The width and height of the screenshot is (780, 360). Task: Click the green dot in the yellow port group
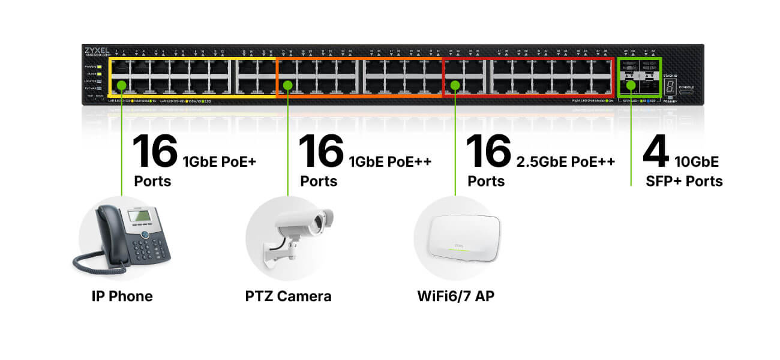click(x=121, y=85)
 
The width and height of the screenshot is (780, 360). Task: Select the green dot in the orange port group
click(x=287, y=85)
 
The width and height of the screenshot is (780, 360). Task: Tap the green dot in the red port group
click(x=455, y=85)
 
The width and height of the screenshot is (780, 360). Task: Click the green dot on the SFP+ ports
click(x=631, y=85)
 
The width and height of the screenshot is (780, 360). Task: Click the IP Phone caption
click(x=122, y=296)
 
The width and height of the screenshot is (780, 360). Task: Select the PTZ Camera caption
click(x=288, y=296)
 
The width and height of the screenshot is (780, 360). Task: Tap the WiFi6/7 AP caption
click(x=455, y=296)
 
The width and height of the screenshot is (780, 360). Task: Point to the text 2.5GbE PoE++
click(x=566, y=161)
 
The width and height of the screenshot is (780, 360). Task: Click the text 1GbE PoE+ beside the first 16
click(x=219, y=161)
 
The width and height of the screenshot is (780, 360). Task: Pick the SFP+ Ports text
click(x=684, y=181)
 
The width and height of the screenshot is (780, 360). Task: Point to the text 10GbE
click(x=696, y=161)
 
